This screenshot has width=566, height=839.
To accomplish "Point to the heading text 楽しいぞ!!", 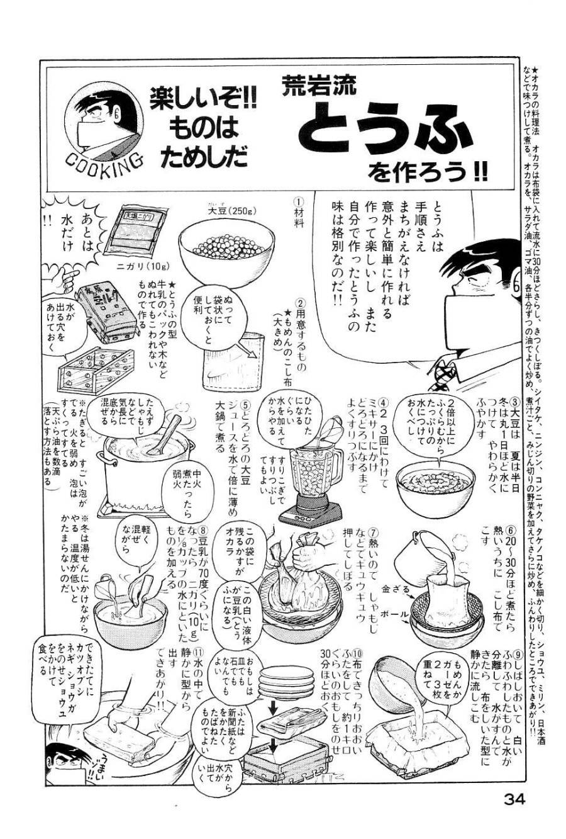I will [203, 101].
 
